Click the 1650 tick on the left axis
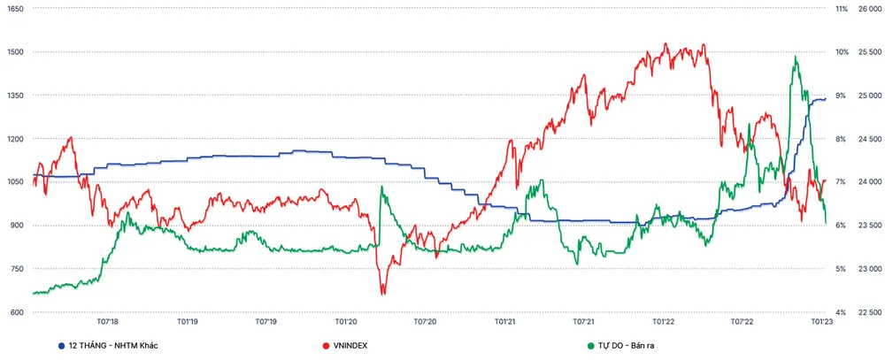(15, 8)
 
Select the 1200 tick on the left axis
(15, 139)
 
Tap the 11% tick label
(841, 8)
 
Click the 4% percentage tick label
(841, 312)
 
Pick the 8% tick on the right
(841, 139)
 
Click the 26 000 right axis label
(870, 8)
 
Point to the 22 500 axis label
(870, 312)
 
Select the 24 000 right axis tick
(870, 182)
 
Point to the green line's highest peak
(796, 57)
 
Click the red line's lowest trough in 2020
(382, 294)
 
